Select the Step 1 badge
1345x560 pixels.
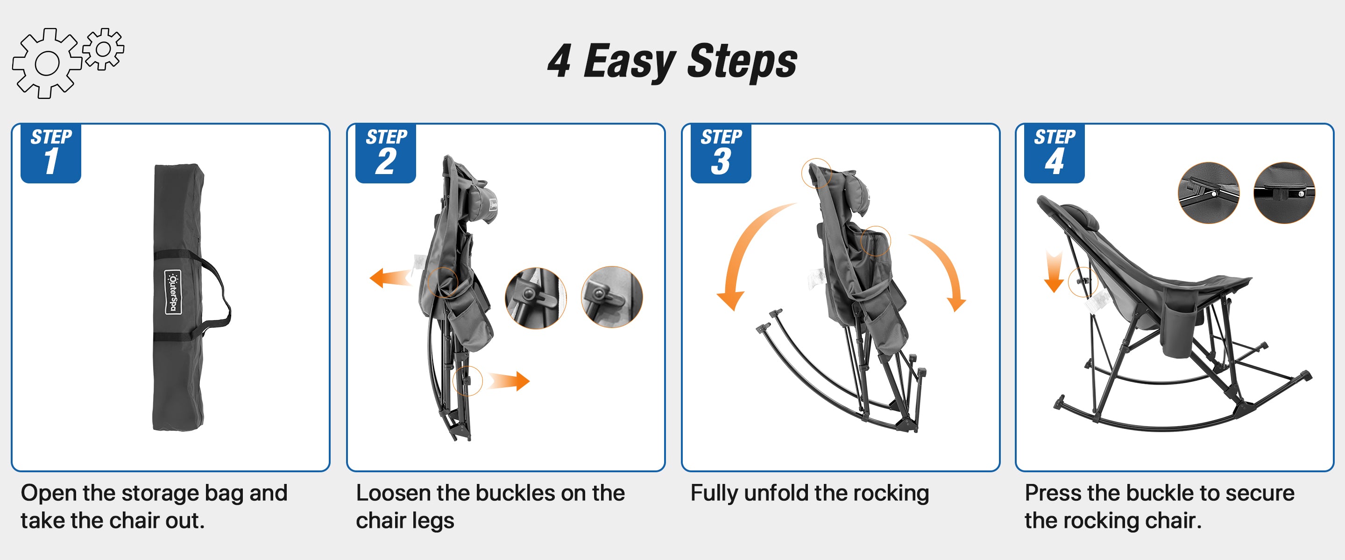50,154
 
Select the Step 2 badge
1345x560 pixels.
385,154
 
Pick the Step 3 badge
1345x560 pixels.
721,154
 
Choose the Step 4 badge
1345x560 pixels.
1054,154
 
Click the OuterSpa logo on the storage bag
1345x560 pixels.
173,292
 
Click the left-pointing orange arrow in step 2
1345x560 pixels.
390,278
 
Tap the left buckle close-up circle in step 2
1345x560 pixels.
536,298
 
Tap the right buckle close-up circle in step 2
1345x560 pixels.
612,297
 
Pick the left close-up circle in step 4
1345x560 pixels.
1209,193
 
